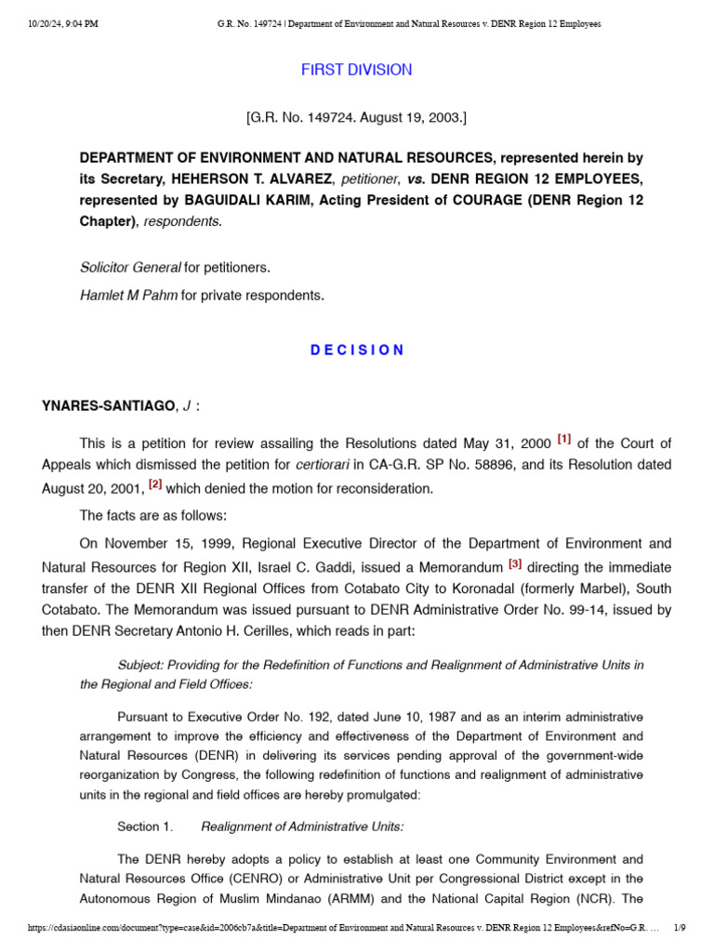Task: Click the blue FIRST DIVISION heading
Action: tap(356, 70)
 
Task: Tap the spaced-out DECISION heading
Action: tap(356, 350)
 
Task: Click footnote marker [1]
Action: tap(564, 439)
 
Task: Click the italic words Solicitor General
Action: tap(130, 268)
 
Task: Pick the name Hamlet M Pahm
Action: tap(129, 296)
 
